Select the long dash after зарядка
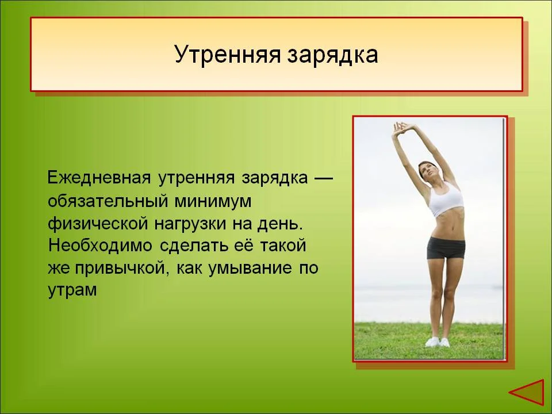(x=324, y=178)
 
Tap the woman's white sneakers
(x=438, y=342)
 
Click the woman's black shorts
(x=446, y=248)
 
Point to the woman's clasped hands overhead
(x=400, y=126)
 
